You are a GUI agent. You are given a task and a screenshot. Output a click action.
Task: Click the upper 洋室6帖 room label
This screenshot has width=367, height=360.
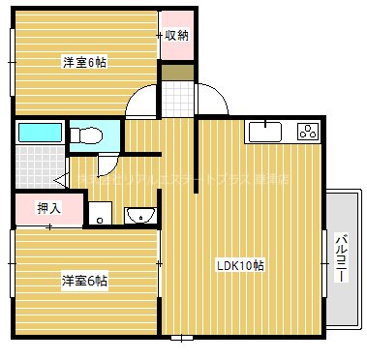click(85, 62)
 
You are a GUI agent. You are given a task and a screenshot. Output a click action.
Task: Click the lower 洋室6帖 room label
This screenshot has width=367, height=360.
click(85, 281)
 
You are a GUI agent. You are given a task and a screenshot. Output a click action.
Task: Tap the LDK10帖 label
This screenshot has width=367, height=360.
click(241, 265)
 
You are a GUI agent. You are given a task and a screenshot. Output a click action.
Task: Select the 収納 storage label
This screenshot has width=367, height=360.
click(175, 36)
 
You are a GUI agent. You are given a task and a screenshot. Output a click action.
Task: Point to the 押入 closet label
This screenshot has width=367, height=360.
click(48, 207)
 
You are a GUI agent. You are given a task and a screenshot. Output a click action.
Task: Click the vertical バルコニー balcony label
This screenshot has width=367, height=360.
click(340, 256)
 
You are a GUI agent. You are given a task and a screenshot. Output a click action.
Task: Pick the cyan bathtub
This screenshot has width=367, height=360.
click(40, 133)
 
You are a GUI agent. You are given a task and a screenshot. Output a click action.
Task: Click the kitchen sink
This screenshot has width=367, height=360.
click(262, 133)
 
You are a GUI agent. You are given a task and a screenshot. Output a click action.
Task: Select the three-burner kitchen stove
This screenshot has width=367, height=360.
click(308, 133)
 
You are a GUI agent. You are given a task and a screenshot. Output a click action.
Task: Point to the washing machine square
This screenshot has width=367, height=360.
click(100, 213)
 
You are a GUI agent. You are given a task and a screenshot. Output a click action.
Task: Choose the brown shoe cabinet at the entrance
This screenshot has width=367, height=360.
click(175, 73)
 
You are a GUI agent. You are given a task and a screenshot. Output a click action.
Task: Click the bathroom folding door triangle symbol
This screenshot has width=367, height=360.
click(59, 179)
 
